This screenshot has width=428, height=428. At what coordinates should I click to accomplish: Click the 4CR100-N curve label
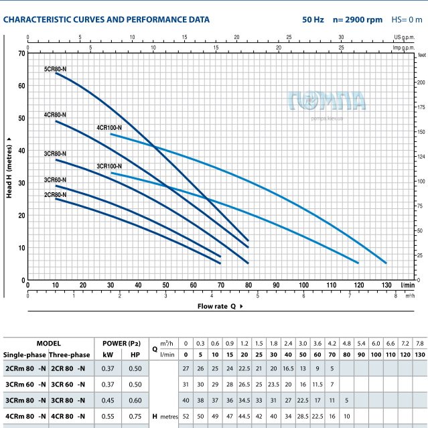click(109, 127)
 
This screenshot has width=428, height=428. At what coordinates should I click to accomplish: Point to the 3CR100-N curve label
click(109, 165)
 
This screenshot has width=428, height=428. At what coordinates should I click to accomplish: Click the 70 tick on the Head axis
click(21, 53)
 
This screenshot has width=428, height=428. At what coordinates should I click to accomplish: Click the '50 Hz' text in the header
click(313, 20)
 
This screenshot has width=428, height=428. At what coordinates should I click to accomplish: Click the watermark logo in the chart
click(328, 102)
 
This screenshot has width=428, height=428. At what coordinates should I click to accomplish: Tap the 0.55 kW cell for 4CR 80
click(107, 416)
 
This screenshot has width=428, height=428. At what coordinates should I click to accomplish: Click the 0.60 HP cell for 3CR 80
click(135, 400)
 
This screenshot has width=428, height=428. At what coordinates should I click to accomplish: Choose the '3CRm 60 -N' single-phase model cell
click(25, 384)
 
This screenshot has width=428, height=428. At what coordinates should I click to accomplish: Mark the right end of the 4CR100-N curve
click(386, 263)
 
